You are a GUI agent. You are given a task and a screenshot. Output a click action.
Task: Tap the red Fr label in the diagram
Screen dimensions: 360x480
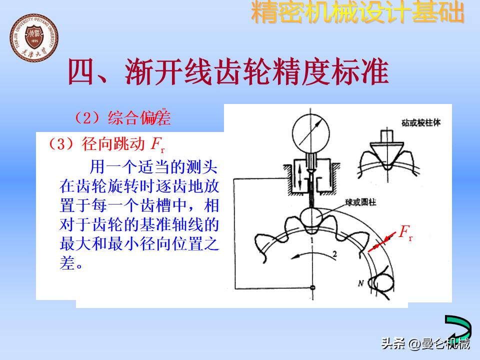pyautogui.click(x=405, y=232)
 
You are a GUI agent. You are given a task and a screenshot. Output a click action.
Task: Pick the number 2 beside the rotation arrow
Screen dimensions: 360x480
pyautogui.click(x=334, y=254)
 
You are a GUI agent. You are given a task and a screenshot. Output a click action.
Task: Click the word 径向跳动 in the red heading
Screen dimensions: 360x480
pyautogui.click(x=114, y=144)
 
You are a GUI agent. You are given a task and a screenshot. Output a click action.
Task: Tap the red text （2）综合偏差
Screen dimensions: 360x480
pyautogui.click(x=122, y=118)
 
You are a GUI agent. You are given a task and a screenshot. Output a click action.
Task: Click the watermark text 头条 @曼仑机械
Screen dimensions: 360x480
pyautogui.click(x=425, y=344)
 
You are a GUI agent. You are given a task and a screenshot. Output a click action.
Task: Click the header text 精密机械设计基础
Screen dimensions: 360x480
pyautogui.click(x=357, y=13)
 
